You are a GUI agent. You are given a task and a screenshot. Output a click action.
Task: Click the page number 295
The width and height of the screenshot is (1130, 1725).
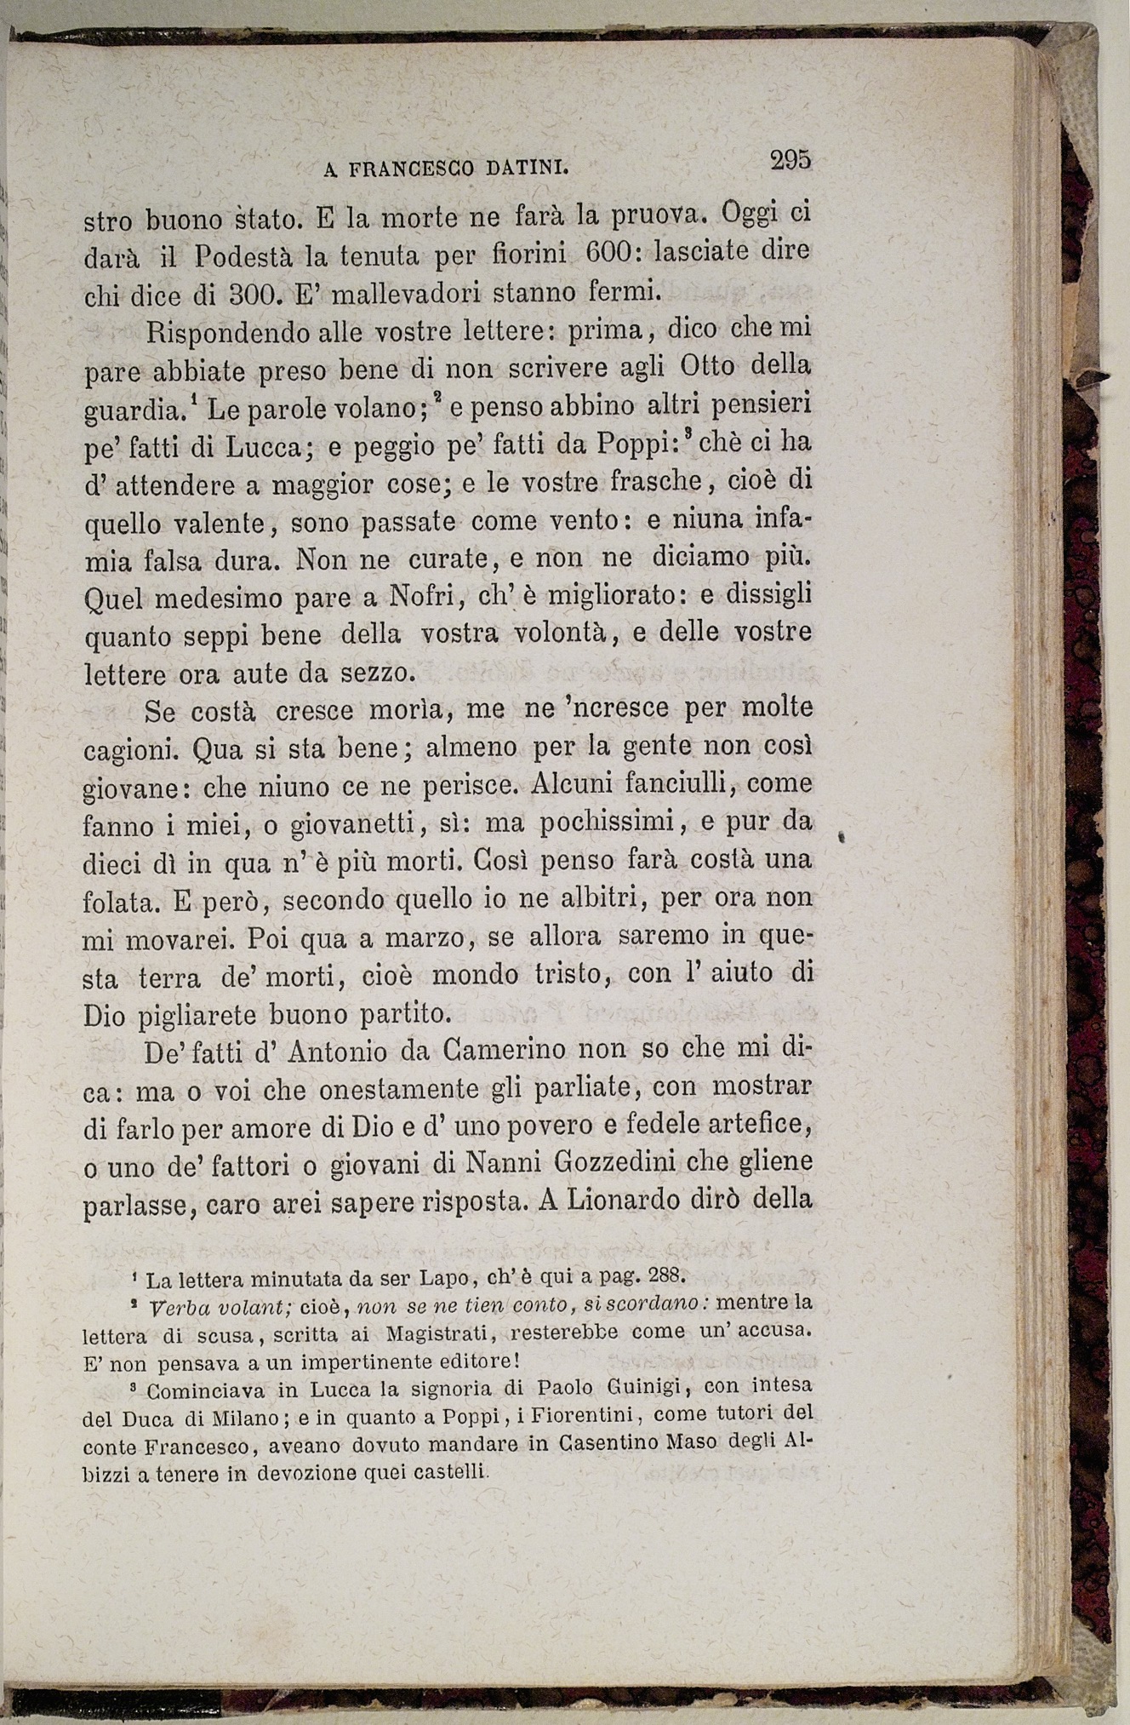pyautogui.click(x=790, y=159)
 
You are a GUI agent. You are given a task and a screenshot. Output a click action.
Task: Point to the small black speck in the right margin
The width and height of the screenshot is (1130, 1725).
pyautogui.click(x=841, y=836)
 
